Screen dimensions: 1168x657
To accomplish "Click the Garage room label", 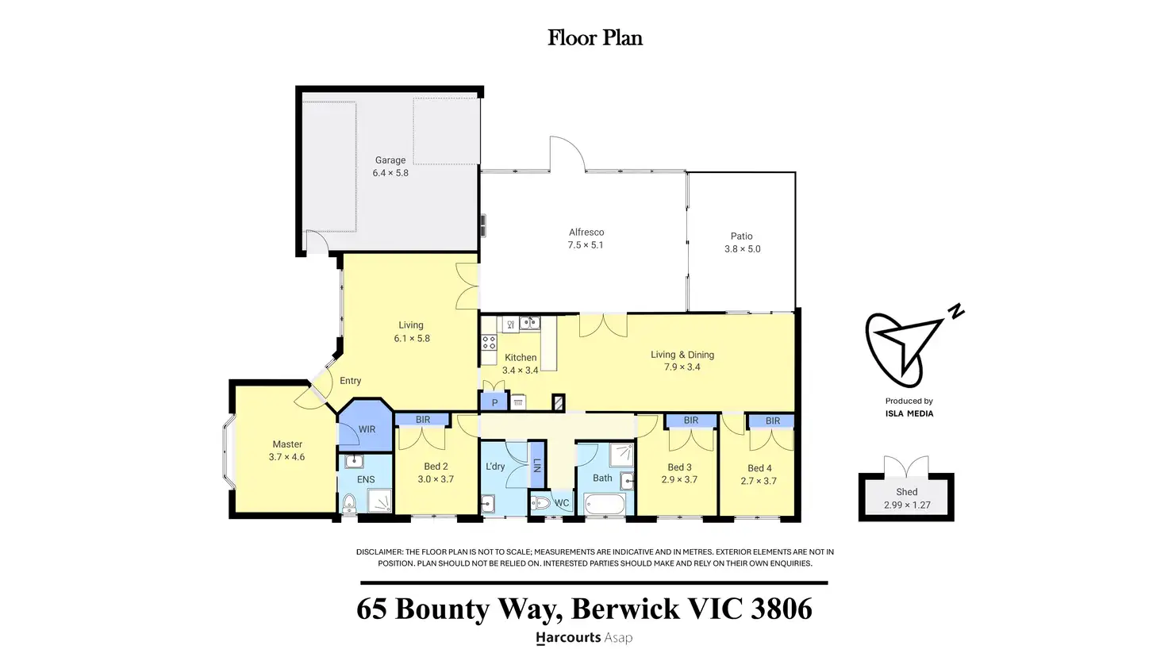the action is (x=390, y=160).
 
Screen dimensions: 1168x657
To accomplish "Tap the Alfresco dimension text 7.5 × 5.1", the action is (x=586, y=245).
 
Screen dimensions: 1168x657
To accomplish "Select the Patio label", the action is (x=741, y=236).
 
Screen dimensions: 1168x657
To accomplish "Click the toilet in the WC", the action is (x=541, y=503).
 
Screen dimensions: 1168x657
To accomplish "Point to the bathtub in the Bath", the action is (x=605, y=504).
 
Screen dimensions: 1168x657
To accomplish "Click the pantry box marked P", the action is (x=494, y=402).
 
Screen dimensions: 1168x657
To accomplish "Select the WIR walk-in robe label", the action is (x=367, y=429).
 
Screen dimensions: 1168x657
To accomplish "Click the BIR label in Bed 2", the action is (x=423, y=420).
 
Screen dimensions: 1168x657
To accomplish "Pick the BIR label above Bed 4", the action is (x=773, y=421).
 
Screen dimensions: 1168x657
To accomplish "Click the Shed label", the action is (x=906, y=492).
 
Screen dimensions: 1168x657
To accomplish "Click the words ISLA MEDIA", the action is (x=909, y=413).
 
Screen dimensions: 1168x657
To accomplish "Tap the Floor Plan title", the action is (x=595, y=38).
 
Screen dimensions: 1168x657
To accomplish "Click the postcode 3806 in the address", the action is (x=781, y=609).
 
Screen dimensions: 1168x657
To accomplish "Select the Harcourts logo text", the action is (x=568, y=637).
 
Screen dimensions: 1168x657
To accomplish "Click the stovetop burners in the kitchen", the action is (x=489, y=343).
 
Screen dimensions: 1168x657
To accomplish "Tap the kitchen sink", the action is (x=529, y=323).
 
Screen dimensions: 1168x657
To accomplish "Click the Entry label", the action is (x=350, y=381).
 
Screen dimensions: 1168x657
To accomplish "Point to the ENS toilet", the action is (x=348, y=503).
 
